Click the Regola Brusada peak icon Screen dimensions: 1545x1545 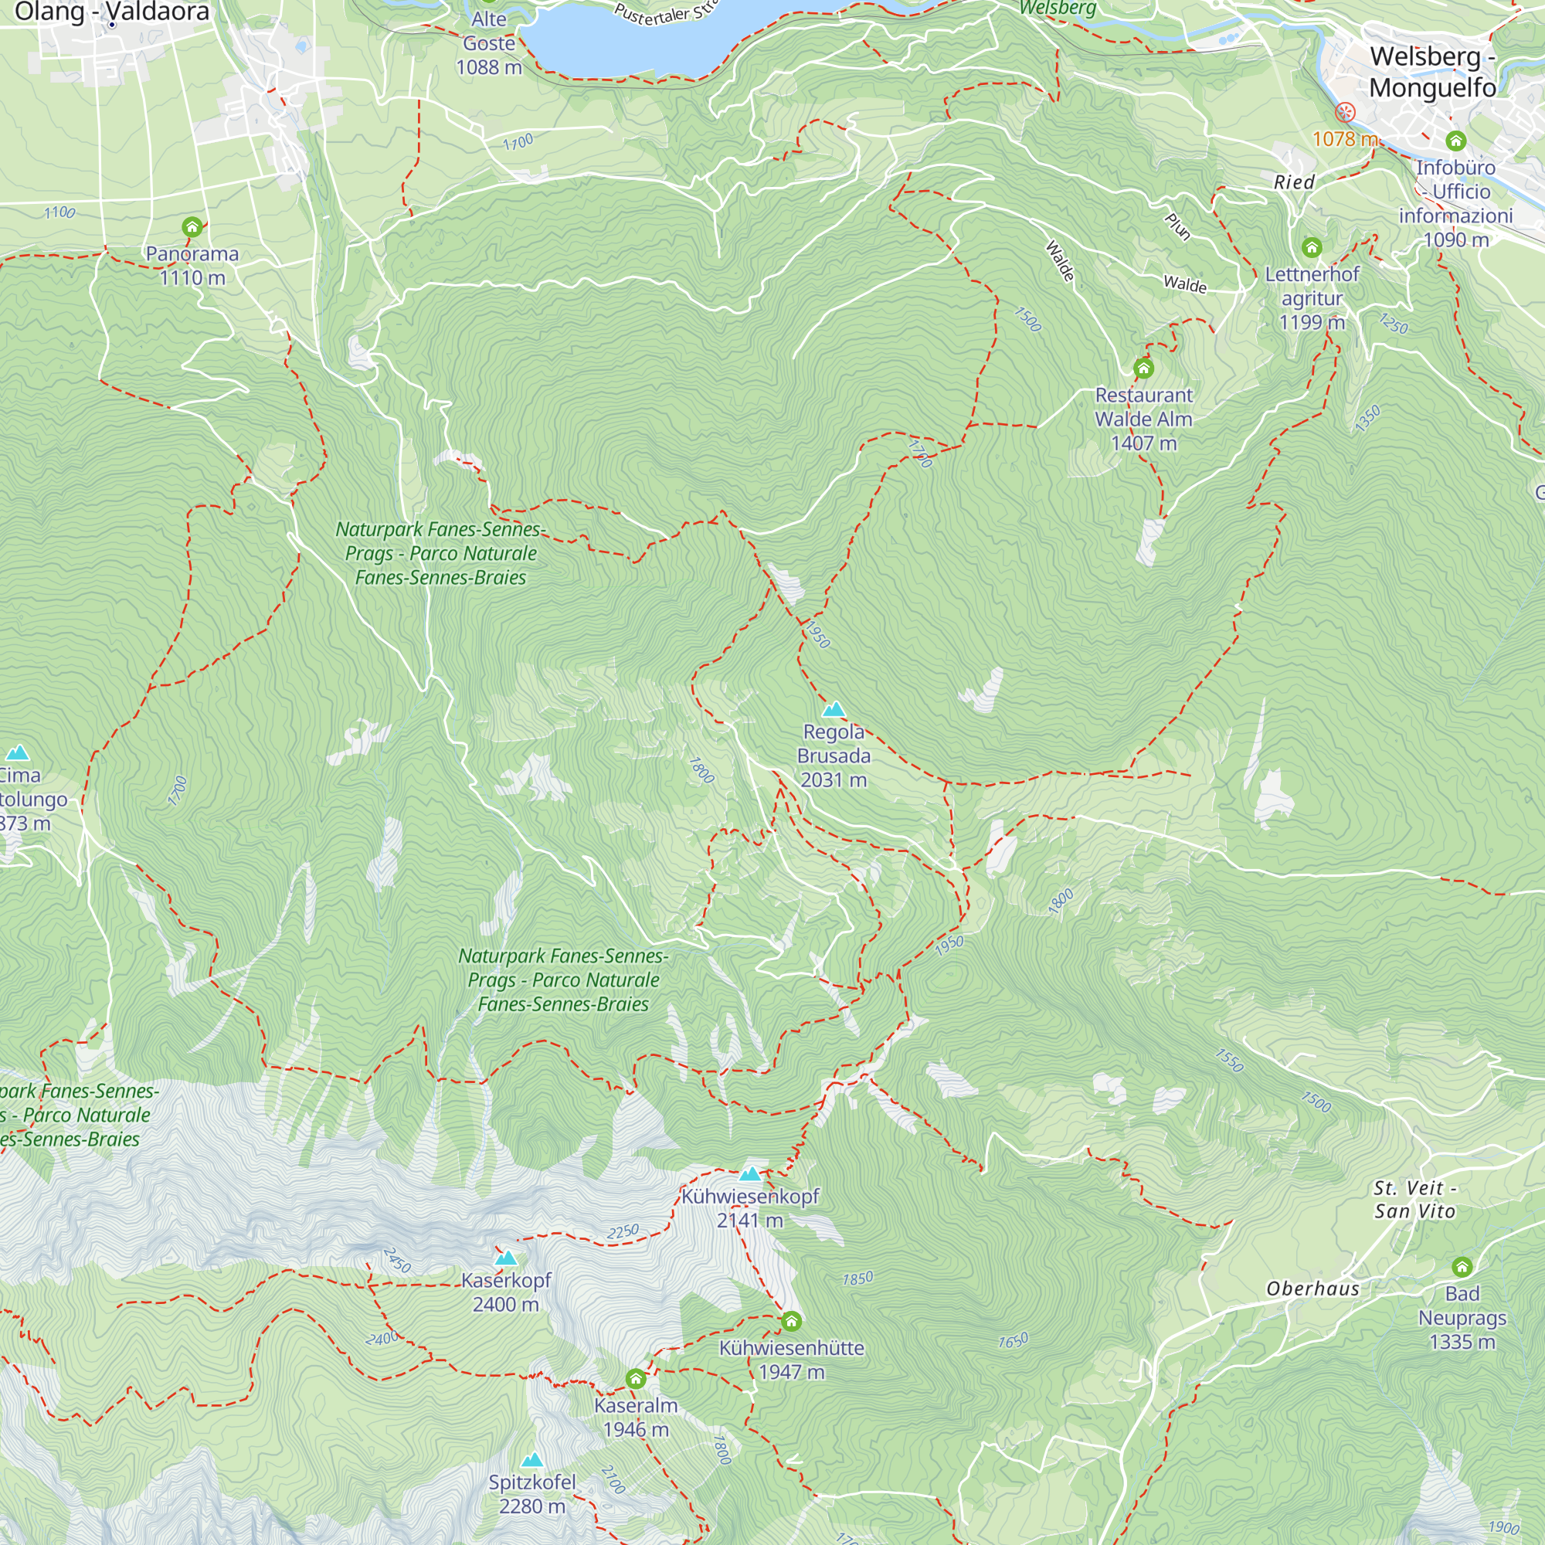pyautogui.click(x=834, y=709)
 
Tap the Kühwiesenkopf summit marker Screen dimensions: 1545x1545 pyautogui.click(x=749, y=1174)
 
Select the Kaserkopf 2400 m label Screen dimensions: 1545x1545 pyautogui.click(x=506, y=1292)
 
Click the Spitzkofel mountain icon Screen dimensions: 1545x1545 pyautogui.click(x=531, y=1460)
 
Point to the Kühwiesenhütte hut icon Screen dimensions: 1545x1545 pyautogui.click(x=791, y=1321)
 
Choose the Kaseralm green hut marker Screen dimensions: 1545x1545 pyautogui.click(x=636, y=1379)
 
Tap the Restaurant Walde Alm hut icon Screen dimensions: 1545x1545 pyautogui.click(x=1143, y=368)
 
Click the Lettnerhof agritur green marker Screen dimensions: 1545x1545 pyautogui.click(x=1312, y=248)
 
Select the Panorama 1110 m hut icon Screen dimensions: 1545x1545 pyautogui.click(x=192, y=228)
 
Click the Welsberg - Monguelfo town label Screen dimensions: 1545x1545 pyautogui.click(x=1431, y=72)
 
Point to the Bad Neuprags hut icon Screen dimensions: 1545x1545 pyautogui.click(x=1462, y=1267)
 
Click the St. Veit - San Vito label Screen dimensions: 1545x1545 pyautogui.click(x=1414, y=1200)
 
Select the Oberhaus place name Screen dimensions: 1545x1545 pyautogui.click(x=1312, y=1289)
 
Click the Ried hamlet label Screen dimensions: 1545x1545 pyautogui.click(x=1294, y=182)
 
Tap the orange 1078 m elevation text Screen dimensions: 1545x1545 pyautogui.click(x=1344, y=139)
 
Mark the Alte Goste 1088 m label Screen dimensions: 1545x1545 pyautogui.click(x=489, y=43)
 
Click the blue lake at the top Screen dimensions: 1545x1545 pyautogui.click(x=640, y=36)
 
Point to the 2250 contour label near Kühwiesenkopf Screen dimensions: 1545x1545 pyautogui.click(x=622, y=1231)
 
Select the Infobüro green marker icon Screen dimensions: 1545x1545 pyautogui.click(x=1455, y=141)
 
